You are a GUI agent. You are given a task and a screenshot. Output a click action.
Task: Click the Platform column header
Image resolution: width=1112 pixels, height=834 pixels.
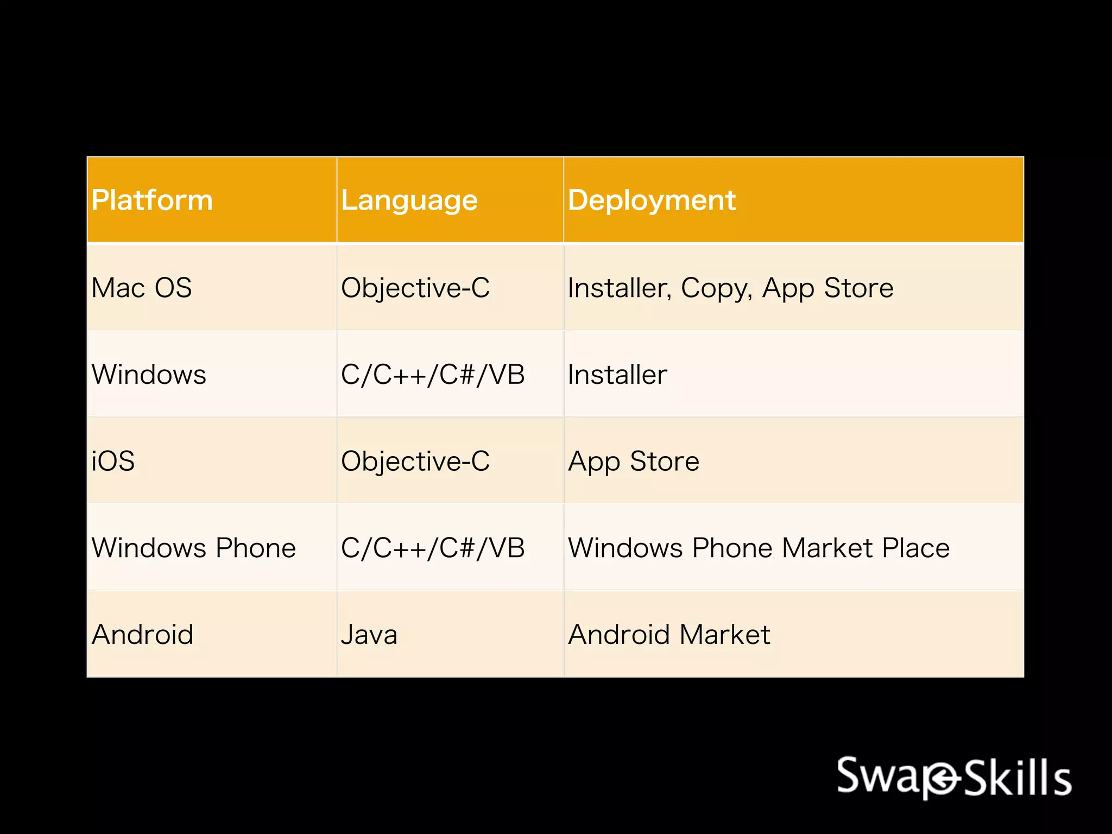coord(152,200)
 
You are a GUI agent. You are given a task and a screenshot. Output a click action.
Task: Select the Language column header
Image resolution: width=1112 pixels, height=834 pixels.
coord(409,200)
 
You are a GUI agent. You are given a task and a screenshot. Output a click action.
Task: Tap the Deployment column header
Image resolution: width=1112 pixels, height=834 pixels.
coord(652,200)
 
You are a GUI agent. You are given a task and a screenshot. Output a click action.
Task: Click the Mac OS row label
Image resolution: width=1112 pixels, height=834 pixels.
coord(142,288)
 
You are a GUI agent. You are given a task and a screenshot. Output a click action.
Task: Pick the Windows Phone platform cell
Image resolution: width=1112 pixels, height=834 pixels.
coord(194,548)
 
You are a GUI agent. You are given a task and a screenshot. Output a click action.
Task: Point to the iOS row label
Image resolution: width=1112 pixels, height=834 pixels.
coord(113,462)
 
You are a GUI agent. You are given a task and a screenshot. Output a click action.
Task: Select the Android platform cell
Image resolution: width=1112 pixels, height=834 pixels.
coord(143,635)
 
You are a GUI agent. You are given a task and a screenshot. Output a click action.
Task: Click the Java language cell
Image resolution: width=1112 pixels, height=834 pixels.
coord(369,635)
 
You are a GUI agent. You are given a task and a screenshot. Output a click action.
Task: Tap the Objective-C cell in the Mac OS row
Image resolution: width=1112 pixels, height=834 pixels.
coord(415,288)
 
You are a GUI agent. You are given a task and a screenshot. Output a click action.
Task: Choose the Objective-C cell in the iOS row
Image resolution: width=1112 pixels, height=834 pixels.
coord(415,462)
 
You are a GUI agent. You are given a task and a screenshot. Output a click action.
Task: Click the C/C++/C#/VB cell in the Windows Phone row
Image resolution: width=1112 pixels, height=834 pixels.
coord(433,548)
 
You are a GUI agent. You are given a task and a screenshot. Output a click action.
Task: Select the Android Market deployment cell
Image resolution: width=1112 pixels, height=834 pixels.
coord(669,635)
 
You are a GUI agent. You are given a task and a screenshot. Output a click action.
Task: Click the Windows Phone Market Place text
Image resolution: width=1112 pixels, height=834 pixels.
coord(759,548)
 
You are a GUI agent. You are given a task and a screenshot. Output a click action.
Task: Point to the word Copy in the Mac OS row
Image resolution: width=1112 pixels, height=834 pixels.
coord(716,288)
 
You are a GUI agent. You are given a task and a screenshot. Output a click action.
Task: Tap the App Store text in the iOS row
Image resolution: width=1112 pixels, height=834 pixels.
coord(634,462)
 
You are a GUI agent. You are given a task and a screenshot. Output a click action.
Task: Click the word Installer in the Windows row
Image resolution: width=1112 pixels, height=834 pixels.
coord(617,375)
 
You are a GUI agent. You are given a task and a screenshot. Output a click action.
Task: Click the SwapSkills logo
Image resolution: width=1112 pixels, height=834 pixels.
coord(954,778)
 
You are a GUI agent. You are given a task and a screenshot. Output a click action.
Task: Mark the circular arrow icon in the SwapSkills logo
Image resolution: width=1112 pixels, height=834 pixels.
coord(942,780)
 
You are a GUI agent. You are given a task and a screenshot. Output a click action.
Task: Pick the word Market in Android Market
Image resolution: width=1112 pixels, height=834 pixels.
coord(725,635)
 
